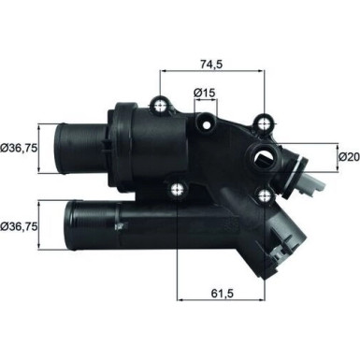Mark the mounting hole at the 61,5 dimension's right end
coord(266,197)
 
